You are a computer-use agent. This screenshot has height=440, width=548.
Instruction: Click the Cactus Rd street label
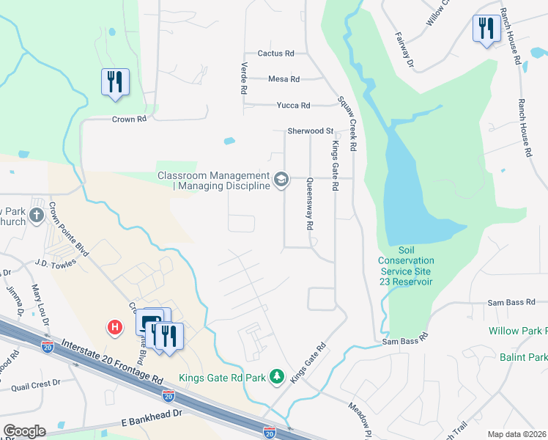point(275,54)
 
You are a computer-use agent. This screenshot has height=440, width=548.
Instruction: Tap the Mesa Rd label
point(284,79)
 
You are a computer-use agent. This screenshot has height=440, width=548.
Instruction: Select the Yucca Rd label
point(293,106)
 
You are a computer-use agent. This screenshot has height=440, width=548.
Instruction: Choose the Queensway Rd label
point(310,204)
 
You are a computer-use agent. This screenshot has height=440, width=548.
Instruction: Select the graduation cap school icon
point(281,180)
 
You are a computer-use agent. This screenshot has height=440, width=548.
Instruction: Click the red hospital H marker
point(115,326)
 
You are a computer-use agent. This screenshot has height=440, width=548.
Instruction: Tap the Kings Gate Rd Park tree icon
point(277,376)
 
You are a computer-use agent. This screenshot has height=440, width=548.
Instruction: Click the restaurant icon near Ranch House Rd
point(485,29)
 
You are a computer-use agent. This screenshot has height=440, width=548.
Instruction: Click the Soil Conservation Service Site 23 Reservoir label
point(406,265)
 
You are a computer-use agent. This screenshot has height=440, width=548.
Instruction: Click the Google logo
point(24,431)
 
